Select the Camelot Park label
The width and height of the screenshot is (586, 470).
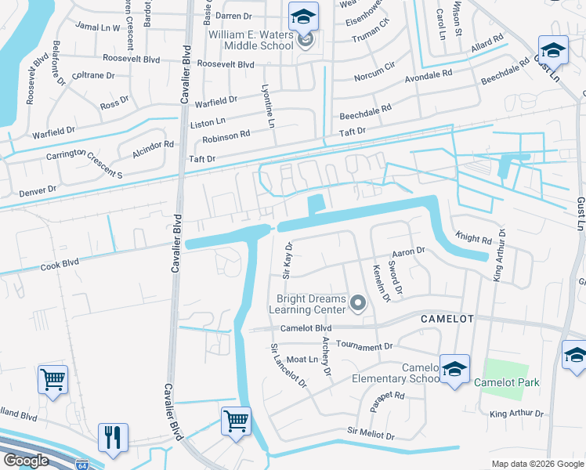(x=506, y=383)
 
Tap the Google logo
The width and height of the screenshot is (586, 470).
(x=25, y=461)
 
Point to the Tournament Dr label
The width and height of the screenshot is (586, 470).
(x=364, y=345)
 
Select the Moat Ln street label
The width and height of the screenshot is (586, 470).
(x=300, y=360)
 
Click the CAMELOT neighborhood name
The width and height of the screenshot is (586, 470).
(x=447, y=319)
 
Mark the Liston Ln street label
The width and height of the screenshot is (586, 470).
(x=208, y=121)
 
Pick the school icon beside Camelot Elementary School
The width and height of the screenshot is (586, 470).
(x=454, y=371)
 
